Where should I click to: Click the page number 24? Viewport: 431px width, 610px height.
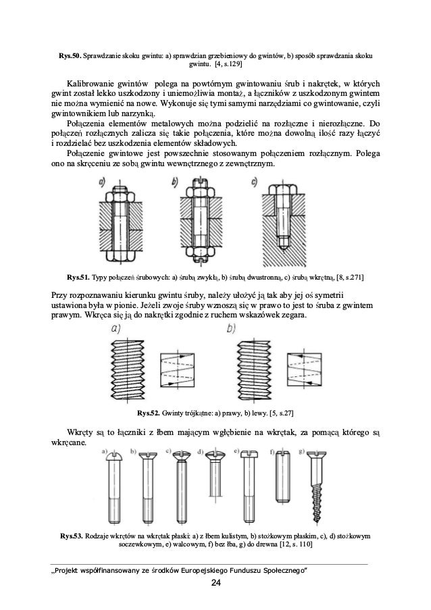[x=215, y=583]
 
